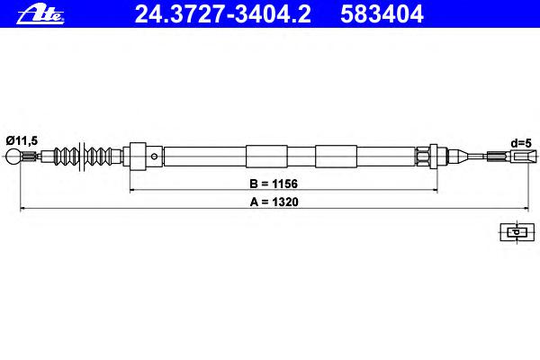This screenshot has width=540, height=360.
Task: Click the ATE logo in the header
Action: tap(40, 14)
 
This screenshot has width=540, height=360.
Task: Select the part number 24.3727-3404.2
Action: tap(223, 14)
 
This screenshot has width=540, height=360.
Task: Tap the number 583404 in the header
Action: tap(382, 14)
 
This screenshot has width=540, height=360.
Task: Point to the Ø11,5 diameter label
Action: tap(22, 140)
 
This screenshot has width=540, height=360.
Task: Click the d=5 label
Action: tap(521, 143)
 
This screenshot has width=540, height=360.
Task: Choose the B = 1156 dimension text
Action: tap(274, 184)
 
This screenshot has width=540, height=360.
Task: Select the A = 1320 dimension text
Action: tap(274, 202)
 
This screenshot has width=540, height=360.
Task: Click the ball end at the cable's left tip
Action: tap(13, 157)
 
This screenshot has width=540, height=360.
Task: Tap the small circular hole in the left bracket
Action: tap(154, 157)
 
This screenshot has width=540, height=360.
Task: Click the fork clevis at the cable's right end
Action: tap(524, 157)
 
